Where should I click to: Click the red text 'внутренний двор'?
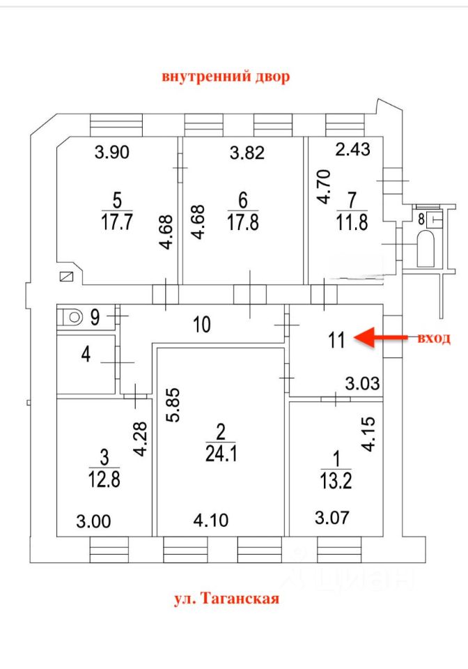(x=226, y=77)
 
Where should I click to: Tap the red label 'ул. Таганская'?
(x=226, y=598)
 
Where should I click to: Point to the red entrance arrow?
(x=381, y=338)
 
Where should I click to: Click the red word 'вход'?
(x=433, y=339)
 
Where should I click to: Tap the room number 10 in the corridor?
(x=201, y=324)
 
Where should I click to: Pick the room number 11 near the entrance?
(x=337, y=340)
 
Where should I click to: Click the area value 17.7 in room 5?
(x=117, y=222)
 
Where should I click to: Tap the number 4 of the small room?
(x=86, y=355)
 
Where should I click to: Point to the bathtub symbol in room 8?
(x=426, y=248)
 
